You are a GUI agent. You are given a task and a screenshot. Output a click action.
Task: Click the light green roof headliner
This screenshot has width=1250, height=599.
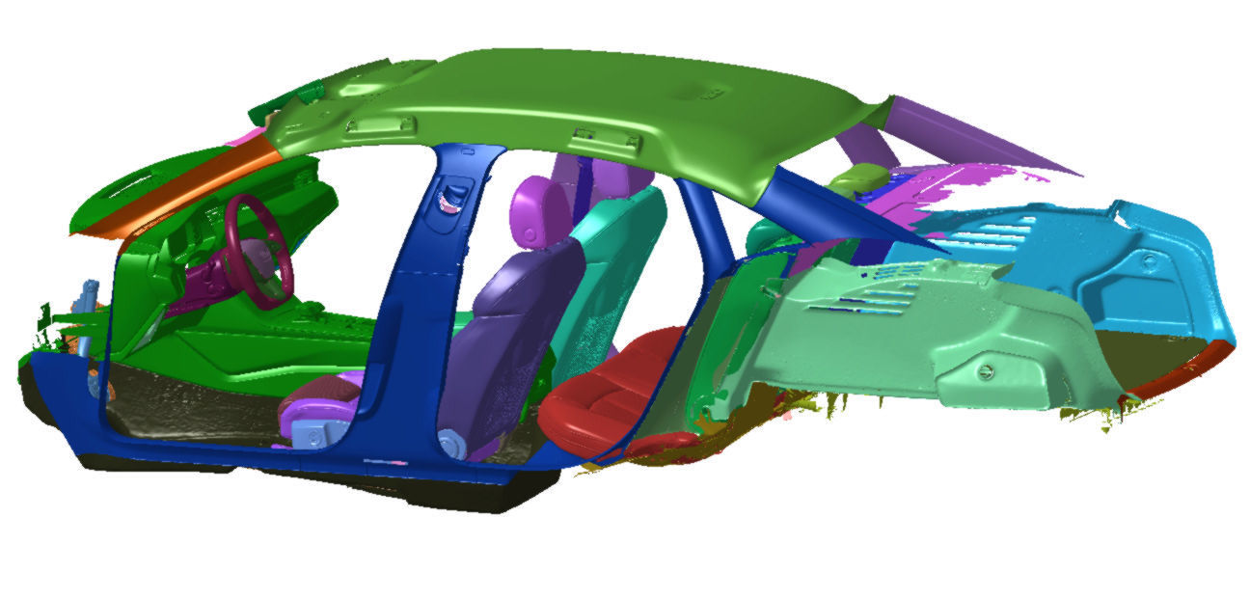[x=579, y=96]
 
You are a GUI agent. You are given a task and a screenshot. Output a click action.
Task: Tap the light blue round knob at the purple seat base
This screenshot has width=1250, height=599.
[x=449, y=441]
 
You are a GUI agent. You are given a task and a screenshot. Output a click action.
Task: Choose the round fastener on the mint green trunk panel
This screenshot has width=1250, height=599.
[x=983, y=372]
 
